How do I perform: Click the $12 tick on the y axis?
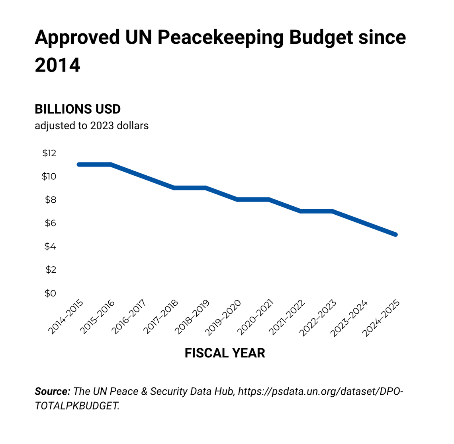49,153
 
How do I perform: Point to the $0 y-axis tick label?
50,293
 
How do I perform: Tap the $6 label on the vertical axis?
50,223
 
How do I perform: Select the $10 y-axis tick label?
49,176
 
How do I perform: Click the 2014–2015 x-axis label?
66,317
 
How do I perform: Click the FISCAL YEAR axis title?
225,353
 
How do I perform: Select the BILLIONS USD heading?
78,109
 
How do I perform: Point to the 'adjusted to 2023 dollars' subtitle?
92,126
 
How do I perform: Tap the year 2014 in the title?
57,65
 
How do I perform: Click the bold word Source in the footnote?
53,391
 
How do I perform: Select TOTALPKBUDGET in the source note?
76,406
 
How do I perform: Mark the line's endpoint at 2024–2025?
395,235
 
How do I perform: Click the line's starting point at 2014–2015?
79,165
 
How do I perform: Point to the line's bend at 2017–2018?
174,188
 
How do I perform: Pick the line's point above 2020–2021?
269,200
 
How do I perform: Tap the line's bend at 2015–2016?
111,165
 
